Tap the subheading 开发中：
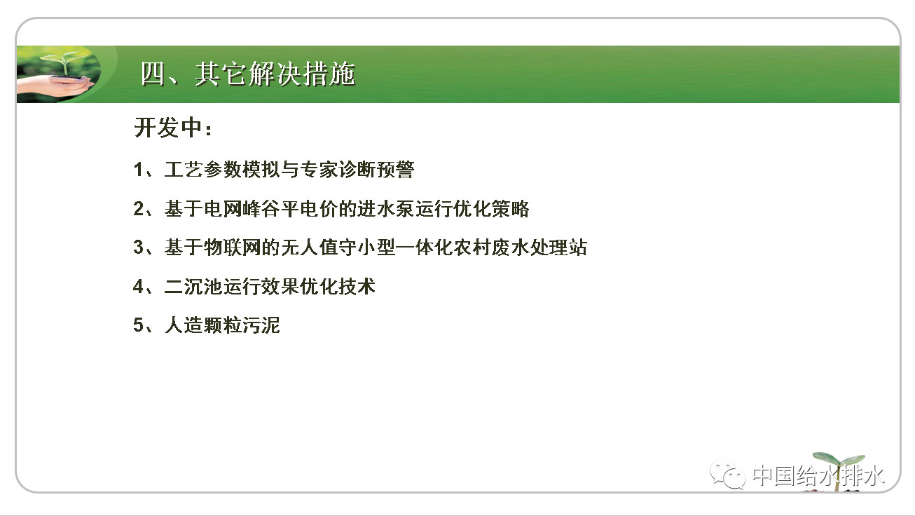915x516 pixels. point(172,129)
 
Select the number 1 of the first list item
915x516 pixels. point(138,170)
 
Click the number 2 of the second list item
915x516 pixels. point(138,209)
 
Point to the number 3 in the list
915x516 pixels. point(138,247)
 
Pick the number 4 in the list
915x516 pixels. point(138,287)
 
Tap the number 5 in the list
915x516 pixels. point(138,326)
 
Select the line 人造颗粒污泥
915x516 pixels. point(222,326)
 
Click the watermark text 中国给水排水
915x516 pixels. point(818,476)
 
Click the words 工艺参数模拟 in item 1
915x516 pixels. point(222,170)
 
